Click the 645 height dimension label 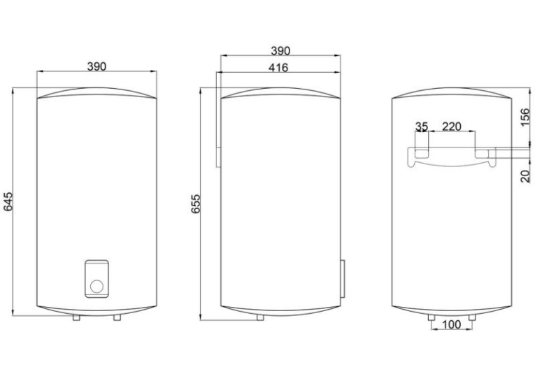pos(8,201)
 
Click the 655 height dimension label pos(196,204)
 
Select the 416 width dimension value pos(278,68)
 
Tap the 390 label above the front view pos(97,66)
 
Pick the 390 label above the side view pos(280,51)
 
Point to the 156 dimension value pos(527,117)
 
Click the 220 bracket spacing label pos(451,127)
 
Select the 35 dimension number pos(422,127)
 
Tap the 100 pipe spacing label pos(451,324)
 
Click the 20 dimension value pos(527,176)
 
